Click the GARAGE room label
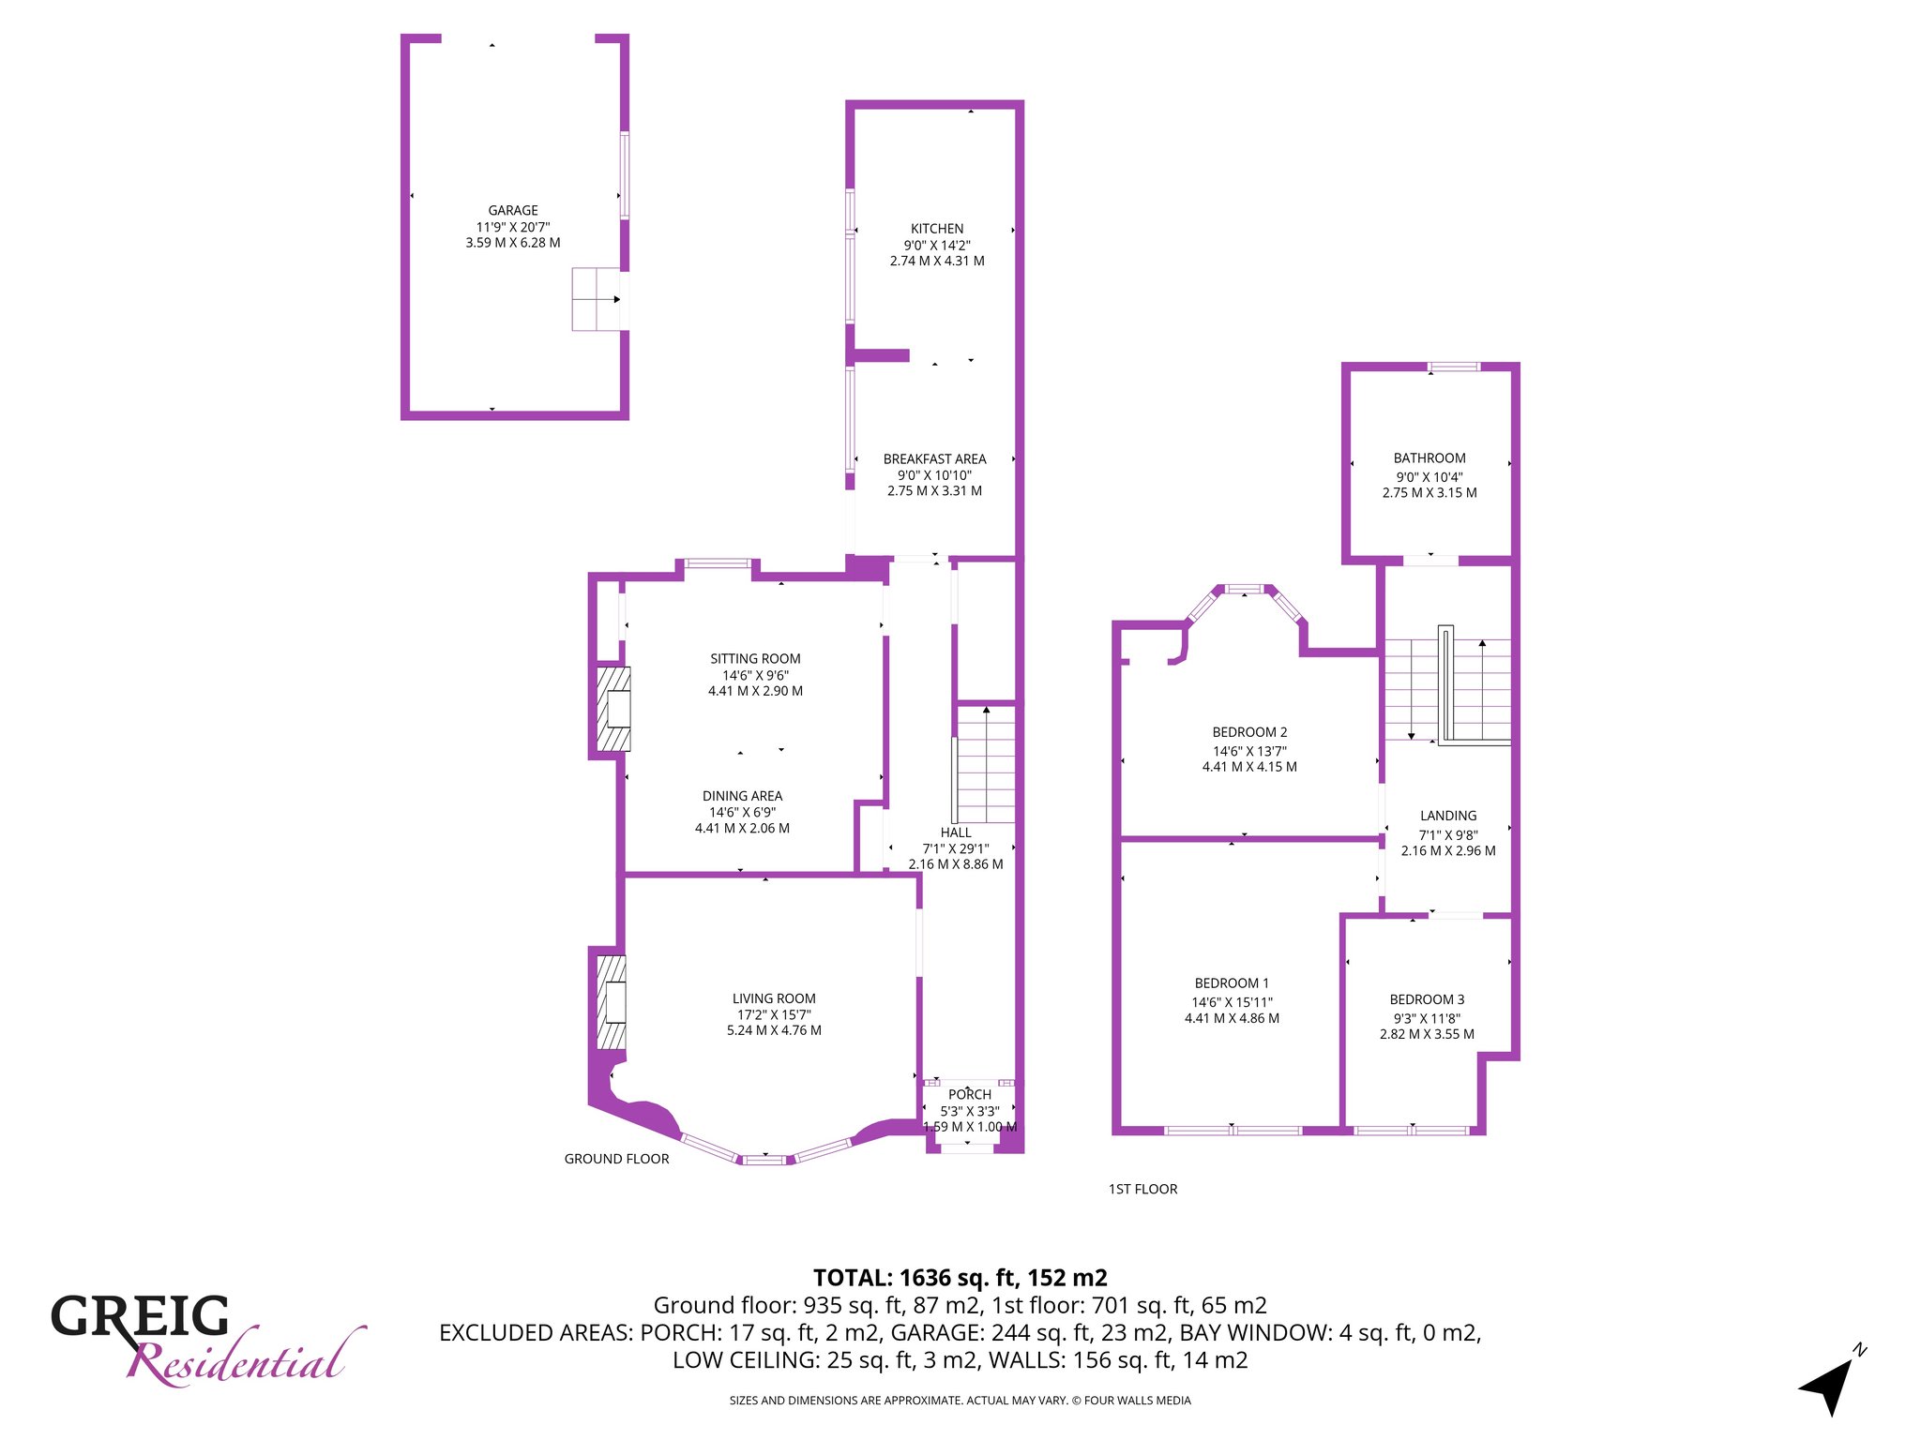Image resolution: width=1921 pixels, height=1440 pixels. coord(513,211)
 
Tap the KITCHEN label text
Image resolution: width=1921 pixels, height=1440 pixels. coord(937,229)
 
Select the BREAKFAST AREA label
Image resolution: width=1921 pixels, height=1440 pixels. coord(935,459)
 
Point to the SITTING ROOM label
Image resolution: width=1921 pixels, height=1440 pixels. coord(755,659)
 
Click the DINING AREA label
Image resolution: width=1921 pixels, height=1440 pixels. coord(742,796)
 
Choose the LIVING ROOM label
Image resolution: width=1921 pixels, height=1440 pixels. coord(774,999)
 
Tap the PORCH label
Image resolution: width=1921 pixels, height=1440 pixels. coord(970,1095)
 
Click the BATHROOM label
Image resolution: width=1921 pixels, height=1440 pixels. coord(1429,458)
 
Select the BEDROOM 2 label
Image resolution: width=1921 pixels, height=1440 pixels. coord(1249,732)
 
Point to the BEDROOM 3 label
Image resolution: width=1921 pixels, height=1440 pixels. coord(1427,1000)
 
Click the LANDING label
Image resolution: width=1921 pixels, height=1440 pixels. coord(1448,817)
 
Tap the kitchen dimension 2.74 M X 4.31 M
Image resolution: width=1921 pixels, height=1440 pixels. coord(937,262)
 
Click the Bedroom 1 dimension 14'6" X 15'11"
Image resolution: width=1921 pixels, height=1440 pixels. coord(1232,1002)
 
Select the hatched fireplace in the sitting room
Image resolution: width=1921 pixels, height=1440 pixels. coord(614,709)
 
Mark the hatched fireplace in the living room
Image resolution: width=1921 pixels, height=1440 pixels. coord(613,1002)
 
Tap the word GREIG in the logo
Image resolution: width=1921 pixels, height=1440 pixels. coord(140,1316)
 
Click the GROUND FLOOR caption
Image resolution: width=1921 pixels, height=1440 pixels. coord(616,1159)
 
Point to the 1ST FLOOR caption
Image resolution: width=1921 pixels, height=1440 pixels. coord(1142,1189)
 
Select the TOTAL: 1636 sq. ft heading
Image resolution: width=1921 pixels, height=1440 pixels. coord(960,1278)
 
